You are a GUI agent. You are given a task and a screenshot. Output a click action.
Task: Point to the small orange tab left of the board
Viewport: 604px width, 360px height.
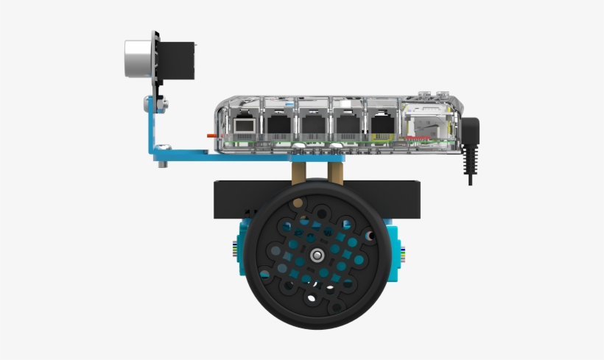211,135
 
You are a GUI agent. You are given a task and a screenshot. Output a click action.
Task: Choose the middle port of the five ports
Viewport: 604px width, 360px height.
313,123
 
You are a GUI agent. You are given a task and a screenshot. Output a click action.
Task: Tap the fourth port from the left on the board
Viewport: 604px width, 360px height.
347,123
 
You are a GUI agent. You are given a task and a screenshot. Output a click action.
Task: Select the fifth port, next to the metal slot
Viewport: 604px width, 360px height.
382,123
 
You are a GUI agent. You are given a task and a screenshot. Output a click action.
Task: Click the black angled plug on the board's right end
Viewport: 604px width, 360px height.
469,133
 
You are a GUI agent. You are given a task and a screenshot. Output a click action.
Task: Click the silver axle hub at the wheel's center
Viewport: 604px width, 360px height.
316,255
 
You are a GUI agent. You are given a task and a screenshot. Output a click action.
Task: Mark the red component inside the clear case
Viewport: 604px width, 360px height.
418,138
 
